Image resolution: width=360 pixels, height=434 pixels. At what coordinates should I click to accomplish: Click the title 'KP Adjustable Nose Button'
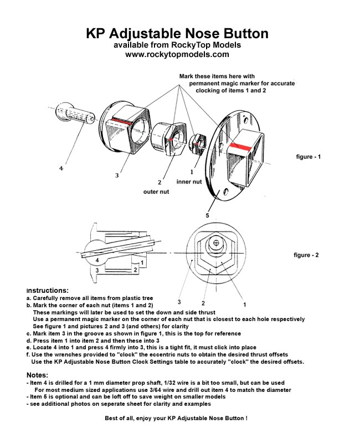[177, 34]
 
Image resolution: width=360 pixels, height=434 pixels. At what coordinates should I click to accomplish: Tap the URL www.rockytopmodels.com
[177, 55]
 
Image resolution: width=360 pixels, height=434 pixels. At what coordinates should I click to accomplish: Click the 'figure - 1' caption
[308, 157]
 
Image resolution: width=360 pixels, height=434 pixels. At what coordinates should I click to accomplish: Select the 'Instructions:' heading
[48, 290]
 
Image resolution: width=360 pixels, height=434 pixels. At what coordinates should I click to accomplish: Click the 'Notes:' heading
[38, 375]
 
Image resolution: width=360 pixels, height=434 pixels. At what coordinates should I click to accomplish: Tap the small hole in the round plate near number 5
[226, 192]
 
